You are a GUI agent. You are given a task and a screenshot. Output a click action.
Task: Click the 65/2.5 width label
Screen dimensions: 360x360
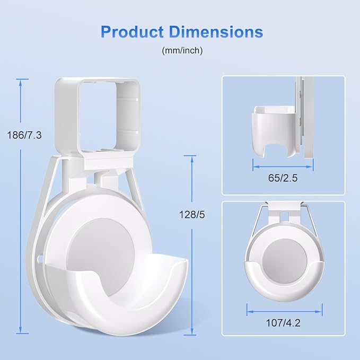pyautogui.click(x=284, y=178)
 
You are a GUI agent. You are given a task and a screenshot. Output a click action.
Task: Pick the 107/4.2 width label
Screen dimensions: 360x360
pyautogui.click(x=284, y=321)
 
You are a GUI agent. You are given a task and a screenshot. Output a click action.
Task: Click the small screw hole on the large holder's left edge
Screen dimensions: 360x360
pyautogui.click(x=39, y=260)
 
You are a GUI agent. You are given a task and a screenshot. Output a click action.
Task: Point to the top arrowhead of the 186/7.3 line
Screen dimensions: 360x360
pyautogui.click(x=22, y=81)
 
